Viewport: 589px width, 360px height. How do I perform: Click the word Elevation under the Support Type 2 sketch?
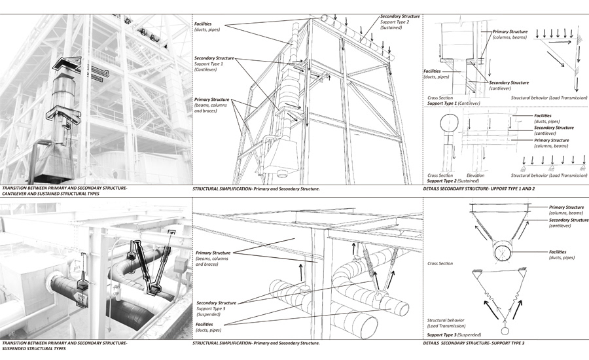[x=476, y=175]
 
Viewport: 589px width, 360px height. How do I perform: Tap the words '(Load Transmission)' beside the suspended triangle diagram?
[x=448, y=326]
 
